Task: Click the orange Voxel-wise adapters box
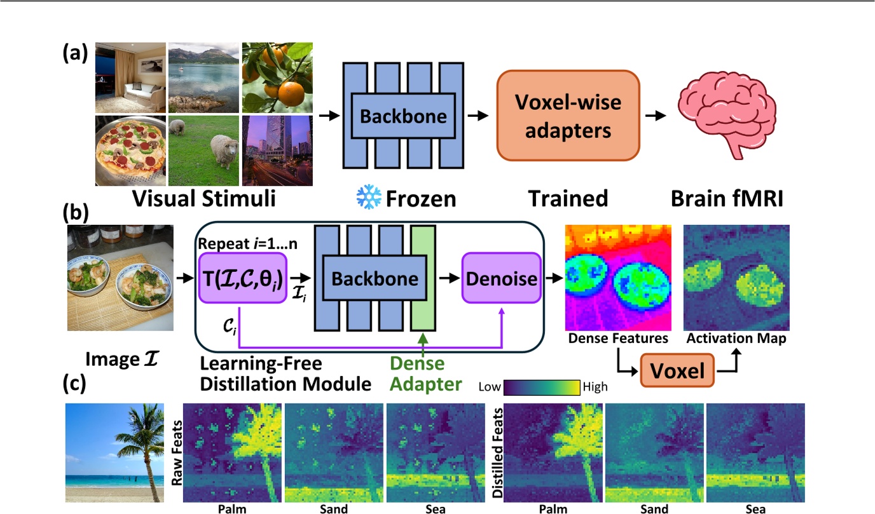[x=568, y=115]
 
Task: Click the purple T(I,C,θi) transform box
[x=243, y=278]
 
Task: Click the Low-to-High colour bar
[x=542, y=386]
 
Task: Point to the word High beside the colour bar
[x=595, y=386]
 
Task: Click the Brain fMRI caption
[x=727, y=199]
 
